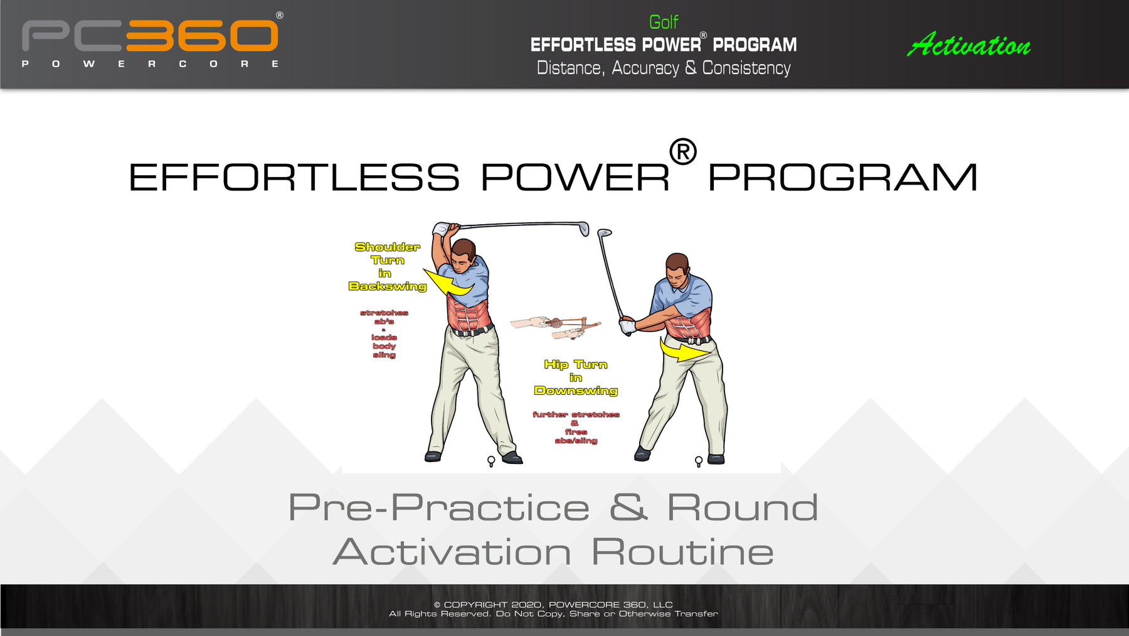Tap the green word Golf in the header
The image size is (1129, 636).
(x=664, y=22)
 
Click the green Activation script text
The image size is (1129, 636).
(x=969, y=45)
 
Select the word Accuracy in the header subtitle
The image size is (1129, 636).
(x=645, y=68)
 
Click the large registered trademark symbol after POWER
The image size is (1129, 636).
(x=682, y=152)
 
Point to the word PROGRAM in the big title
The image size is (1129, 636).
(x=842, y=178)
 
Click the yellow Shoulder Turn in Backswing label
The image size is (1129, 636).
(x=387, y=266)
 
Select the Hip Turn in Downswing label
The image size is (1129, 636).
(x=576, y=377)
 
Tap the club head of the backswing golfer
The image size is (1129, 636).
(x=584, y=229)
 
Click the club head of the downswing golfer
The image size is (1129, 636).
(x=604, y=233)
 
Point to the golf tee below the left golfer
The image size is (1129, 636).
(x=491, y=461)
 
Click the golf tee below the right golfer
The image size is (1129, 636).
(x=699, y=462)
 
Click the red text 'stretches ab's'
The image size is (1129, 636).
(x=384, y=316)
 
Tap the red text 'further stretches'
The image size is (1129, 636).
(x=576, y=414)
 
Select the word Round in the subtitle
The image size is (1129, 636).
(x=742, y=507)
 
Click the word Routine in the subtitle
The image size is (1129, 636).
(x=682, y=552)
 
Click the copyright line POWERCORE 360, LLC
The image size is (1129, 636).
(x=610, y=605)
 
